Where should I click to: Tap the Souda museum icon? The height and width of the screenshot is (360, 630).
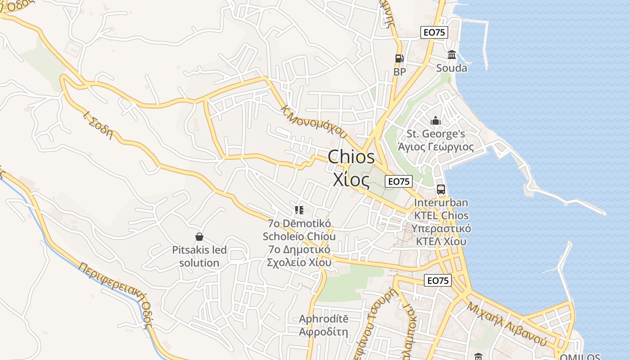(x=451, y=55)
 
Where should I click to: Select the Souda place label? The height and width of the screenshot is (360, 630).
(x=451, y=68)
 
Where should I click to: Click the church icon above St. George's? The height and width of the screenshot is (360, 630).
(x=435, y=121)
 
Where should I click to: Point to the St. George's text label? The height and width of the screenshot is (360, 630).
(x=436, y=134)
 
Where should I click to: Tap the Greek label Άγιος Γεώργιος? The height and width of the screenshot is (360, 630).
(x=436, y=147)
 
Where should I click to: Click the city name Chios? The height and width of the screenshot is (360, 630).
(x=351, y=157)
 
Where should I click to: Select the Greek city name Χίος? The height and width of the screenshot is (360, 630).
(x=351, y=179)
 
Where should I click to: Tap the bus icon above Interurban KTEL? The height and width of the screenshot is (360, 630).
(x=441, y=189)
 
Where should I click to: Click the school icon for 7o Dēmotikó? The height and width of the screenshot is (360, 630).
(x=299, y=210)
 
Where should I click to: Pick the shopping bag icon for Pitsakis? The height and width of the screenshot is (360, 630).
(x=199, y=237)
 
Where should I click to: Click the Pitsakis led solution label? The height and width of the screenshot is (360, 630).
(x=199, y=256)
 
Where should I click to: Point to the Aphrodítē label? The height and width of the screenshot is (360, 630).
(x=324, y=319)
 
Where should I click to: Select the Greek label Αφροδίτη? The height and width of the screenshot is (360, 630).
(x=324, y=332)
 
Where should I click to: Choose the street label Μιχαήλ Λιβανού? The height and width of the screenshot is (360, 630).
(x=507, y=323)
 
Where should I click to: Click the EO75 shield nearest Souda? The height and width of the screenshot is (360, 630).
(x=434, y=32)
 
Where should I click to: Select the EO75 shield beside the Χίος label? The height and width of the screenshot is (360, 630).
(x=399, y=181)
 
